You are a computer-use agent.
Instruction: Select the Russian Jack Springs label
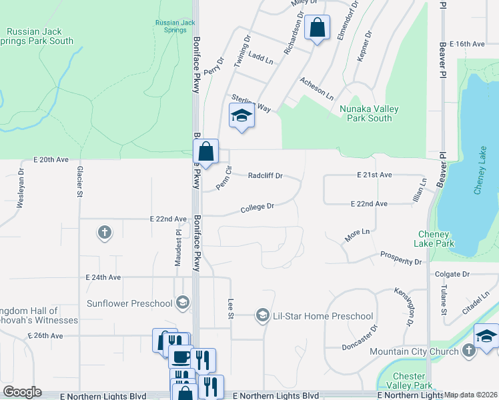point(175,27)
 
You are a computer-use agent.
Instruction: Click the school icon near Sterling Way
point(241,116)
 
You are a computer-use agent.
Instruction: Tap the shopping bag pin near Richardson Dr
point(317,28)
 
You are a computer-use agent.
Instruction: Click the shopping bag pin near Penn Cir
point(206,152)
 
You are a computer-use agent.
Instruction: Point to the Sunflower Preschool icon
point(181,303)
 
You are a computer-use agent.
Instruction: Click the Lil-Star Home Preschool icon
point(263,315)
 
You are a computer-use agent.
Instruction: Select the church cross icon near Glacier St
point(103,233)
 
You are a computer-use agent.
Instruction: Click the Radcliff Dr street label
point(266,176)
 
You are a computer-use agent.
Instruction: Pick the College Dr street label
point(258,207)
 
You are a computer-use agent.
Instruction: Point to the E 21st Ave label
point(372,175)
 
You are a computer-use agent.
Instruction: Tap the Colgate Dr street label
point(452,274)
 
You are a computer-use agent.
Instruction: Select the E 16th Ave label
point(467,44)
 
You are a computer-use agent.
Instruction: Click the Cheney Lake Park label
point(436,239)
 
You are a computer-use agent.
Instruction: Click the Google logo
point(23,392)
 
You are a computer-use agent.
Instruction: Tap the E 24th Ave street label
point(103,277)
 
